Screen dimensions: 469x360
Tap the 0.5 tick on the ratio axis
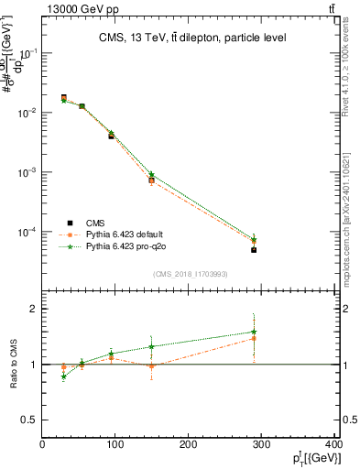tap(30, 420)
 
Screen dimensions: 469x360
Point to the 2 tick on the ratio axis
tap(34, 309)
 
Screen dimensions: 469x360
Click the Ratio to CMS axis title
tap(15, 365)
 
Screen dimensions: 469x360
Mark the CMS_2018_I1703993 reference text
tap(190, 273)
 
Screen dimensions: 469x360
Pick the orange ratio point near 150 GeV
tap(151, 366)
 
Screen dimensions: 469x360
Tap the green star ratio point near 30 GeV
tap(63, 376)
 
